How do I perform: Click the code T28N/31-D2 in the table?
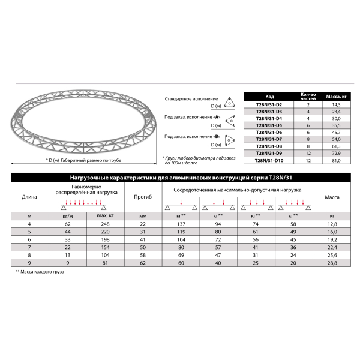[x=269, y=104]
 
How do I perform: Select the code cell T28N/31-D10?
[x=270, y=160]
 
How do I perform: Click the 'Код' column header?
[x=269, y=96]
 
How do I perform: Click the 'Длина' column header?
[x=29, y=197]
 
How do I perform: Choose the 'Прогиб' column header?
[x=142, y=197]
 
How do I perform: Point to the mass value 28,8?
[x=332, y=263]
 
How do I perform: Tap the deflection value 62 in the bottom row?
[x=142, y=263]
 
